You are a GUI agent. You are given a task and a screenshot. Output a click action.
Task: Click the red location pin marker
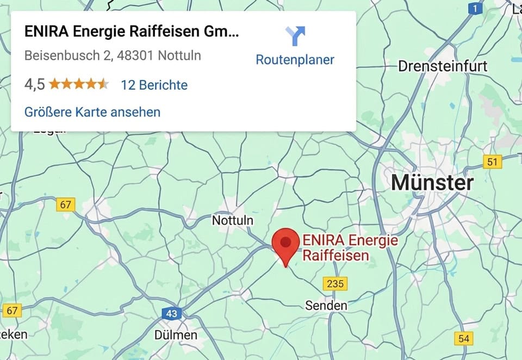point(285,243)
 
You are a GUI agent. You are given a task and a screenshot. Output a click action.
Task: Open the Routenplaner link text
point(295,59)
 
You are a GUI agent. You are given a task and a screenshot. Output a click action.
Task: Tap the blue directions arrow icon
point(295,36)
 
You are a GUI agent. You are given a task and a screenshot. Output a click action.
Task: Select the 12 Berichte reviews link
point(154,85)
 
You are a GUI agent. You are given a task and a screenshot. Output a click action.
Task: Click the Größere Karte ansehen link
point(92,112)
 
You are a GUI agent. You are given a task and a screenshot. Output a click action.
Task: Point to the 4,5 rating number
point(34,85)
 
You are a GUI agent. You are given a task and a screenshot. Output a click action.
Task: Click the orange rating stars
point(79,84)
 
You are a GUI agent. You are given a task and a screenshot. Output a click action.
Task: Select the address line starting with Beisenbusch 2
point(113,55)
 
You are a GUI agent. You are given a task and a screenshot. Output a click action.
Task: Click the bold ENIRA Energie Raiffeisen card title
point(131,32)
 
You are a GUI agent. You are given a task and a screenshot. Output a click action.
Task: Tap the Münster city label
point(432,183)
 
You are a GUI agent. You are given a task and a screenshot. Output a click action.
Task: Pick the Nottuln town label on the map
point(232,220)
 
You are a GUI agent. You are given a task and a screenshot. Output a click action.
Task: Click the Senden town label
point(326,306)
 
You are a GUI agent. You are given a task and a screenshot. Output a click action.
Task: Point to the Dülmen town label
point(176,335)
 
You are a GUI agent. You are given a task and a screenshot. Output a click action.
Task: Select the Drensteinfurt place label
point(443,66)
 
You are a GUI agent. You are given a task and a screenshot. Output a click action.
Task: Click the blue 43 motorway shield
point(172,314)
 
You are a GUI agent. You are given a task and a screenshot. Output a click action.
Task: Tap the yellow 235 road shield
point(335,283)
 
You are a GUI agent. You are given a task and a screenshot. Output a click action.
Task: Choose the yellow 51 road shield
point(492,162)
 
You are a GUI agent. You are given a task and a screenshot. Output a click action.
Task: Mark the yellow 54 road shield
point(463,338)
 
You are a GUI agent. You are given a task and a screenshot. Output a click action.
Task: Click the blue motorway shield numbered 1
point(476,9)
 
